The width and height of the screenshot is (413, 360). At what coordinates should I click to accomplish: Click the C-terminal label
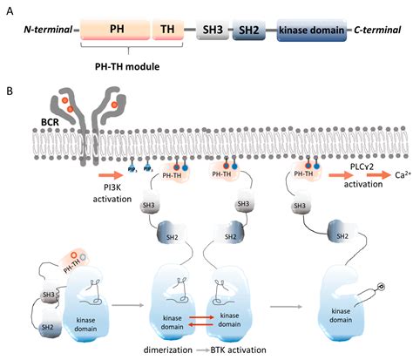[x=377, y=31]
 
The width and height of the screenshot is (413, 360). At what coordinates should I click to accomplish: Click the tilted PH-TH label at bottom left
[x=71, y=255]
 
